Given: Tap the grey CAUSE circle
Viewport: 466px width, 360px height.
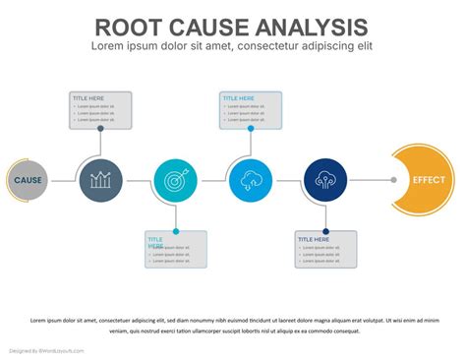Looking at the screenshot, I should [28, 180].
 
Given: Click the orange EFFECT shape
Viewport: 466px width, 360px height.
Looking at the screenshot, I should [426, 180].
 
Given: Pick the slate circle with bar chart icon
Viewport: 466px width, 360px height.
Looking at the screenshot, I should [100, 180].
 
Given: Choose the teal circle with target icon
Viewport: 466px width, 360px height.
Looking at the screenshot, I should [176, 180].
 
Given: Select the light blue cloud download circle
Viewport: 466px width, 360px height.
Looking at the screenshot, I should [250, 180].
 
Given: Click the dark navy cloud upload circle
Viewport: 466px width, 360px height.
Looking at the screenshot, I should [325, 180].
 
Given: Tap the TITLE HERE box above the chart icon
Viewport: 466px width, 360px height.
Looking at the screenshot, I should [100, 109].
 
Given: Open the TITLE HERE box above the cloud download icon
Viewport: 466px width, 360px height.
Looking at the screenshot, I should [251, 109].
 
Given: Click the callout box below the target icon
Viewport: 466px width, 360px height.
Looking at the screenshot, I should [176, 249].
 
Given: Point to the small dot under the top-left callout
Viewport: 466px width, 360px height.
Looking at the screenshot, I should [100, 128].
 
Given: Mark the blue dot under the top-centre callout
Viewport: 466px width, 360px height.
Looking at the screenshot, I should [251, 128].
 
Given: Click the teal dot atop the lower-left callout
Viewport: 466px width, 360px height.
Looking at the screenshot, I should [176, 231].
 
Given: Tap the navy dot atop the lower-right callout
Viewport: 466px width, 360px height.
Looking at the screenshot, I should [325, 231].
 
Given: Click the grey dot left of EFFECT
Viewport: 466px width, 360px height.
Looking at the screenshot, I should [393, 180].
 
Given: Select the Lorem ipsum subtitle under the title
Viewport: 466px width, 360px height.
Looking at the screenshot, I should [232, 46].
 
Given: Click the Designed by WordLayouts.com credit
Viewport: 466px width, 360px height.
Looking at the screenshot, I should [47, 350].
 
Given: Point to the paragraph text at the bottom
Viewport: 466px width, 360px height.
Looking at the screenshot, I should [233, 326].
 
